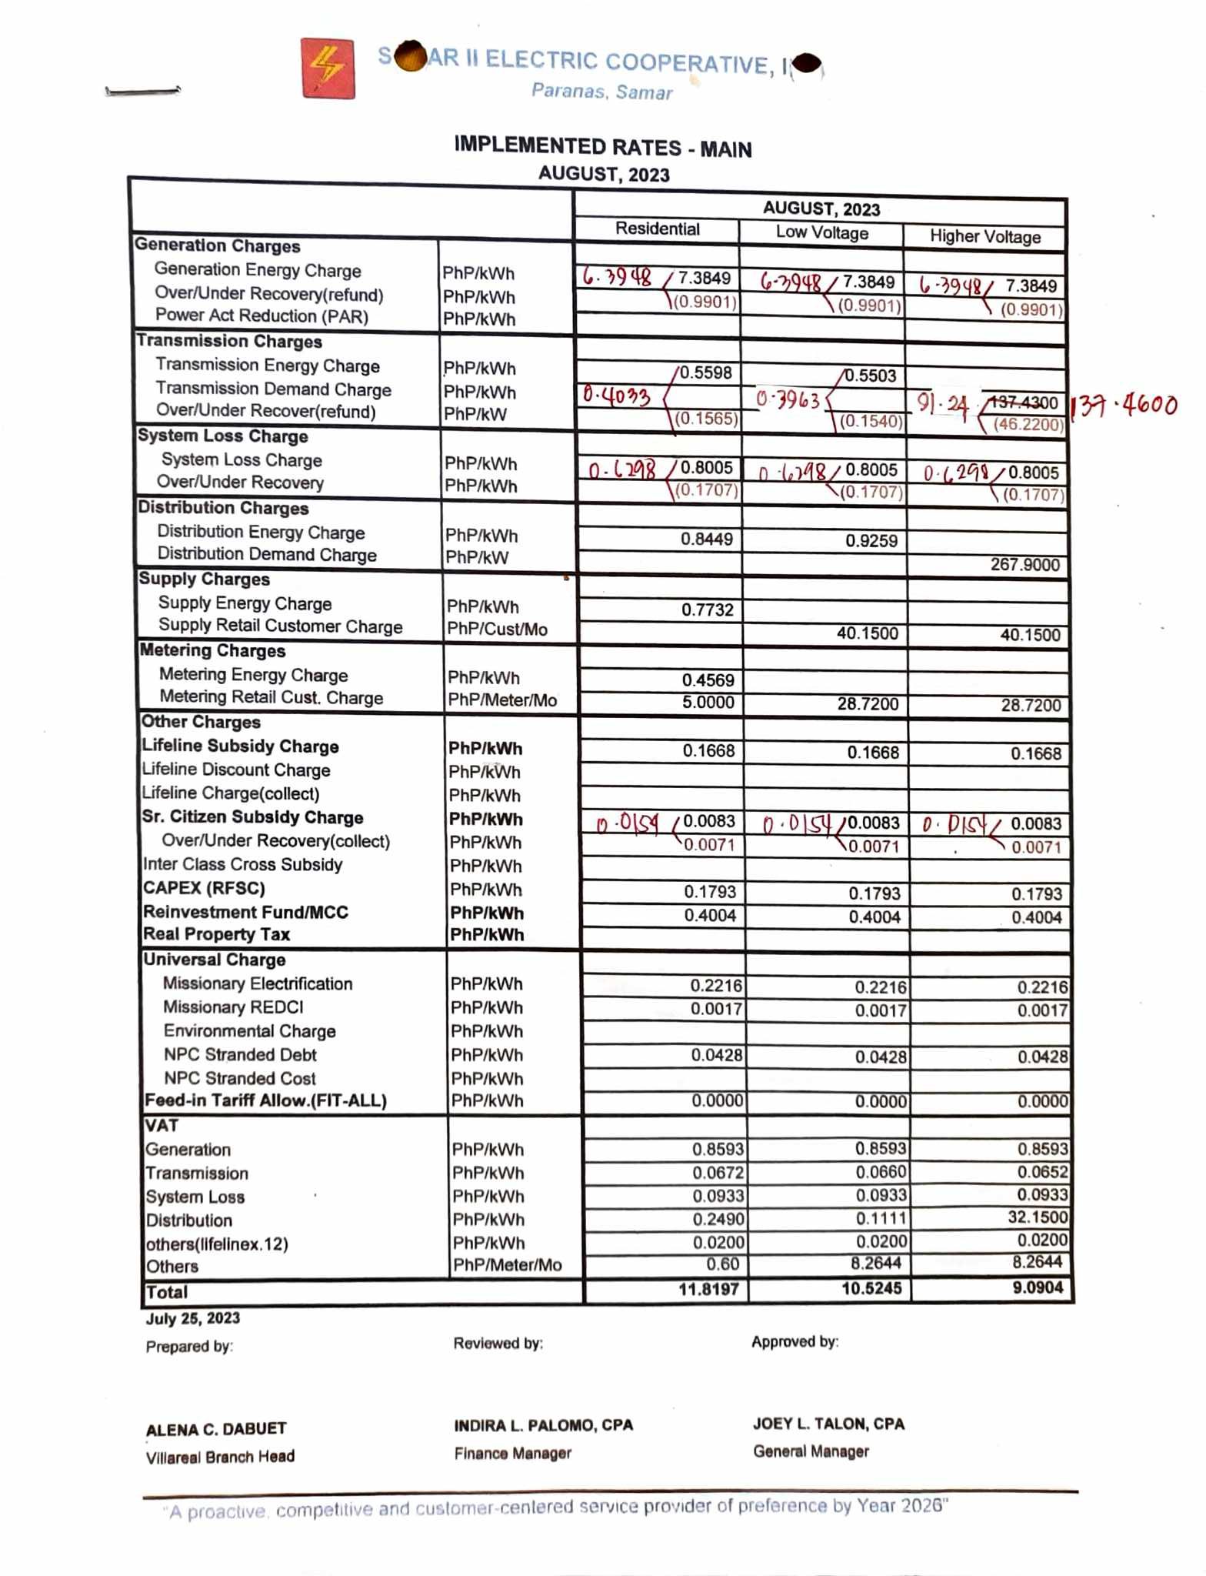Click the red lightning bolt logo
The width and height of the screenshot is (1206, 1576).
pos(328,68)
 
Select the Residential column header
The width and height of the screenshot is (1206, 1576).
pos(657,229)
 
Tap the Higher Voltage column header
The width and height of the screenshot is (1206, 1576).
pos(984,237)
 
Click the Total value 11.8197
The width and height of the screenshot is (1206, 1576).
pos(708,1289)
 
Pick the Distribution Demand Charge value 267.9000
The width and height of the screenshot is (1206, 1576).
pos(1024,565)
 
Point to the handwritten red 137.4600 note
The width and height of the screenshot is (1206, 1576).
pos(1124,405)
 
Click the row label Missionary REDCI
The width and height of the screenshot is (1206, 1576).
pos(233,1007)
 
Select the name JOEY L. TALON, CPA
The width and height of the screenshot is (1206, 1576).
pos(828,1424)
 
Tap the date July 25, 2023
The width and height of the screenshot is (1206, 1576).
pos(193,1318)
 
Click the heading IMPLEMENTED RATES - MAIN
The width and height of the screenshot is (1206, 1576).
pos(602,147)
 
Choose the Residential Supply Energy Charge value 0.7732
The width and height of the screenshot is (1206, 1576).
pos(707,610)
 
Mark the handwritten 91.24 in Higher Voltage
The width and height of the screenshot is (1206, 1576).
pos(942,403)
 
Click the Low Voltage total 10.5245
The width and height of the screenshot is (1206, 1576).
pos(871,1288)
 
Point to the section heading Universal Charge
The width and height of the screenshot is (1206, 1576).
pos(215,960)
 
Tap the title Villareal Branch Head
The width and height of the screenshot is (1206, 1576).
pos(220,1457)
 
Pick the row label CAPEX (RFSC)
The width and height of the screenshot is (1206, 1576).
pos(204,888)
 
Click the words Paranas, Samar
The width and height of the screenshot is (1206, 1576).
pos(601,92)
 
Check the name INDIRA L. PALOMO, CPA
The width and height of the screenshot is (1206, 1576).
pos(543,1425)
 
